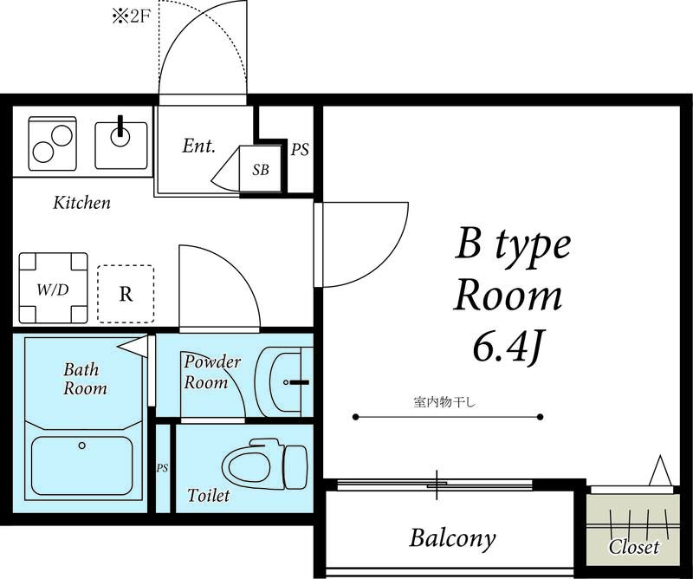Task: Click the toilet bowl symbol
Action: point(264,465)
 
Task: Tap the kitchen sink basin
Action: point(121,146)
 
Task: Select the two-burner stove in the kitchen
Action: point(52,143)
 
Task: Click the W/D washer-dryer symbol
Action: point(53,288)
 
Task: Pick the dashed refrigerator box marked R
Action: point(126,294)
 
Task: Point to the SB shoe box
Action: point(261,169)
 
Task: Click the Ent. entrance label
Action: point(199,146)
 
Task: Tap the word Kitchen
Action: point(81,203)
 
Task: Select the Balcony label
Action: point(452,539)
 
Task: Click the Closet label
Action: point(634,547)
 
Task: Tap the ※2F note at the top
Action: point(132,17)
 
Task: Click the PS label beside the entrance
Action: point(299,150)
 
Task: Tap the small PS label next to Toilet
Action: point(162,468)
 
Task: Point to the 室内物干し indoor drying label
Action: point(444,402)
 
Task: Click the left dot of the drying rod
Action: point(356,417)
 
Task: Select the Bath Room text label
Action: point(85,379)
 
